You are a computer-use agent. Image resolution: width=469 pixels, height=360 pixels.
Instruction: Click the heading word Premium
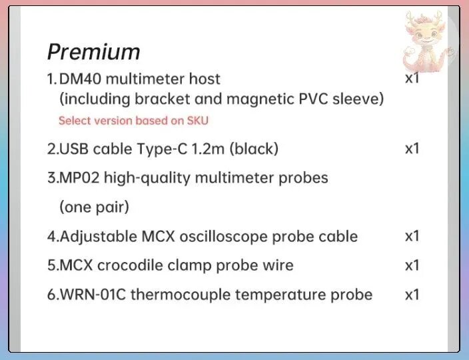[94, 52]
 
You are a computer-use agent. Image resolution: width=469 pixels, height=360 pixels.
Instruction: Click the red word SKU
[198, 121]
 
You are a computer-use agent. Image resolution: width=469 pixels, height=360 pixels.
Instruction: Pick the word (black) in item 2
[254, 149]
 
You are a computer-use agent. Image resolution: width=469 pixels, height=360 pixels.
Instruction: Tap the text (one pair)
[94, 207]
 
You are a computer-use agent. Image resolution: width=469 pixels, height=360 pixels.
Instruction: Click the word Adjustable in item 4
[99, 237]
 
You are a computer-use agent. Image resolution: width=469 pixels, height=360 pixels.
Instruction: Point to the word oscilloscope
[223, 237]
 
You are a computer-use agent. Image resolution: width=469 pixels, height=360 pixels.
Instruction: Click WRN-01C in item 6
[93, 295]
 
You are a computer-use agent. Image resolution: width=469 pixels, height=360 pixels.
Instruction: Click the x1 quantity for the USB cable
[412, 149]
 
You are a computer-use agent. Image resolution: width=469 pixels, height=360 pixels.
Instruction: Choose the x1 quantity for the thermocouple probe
[412, 295]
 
